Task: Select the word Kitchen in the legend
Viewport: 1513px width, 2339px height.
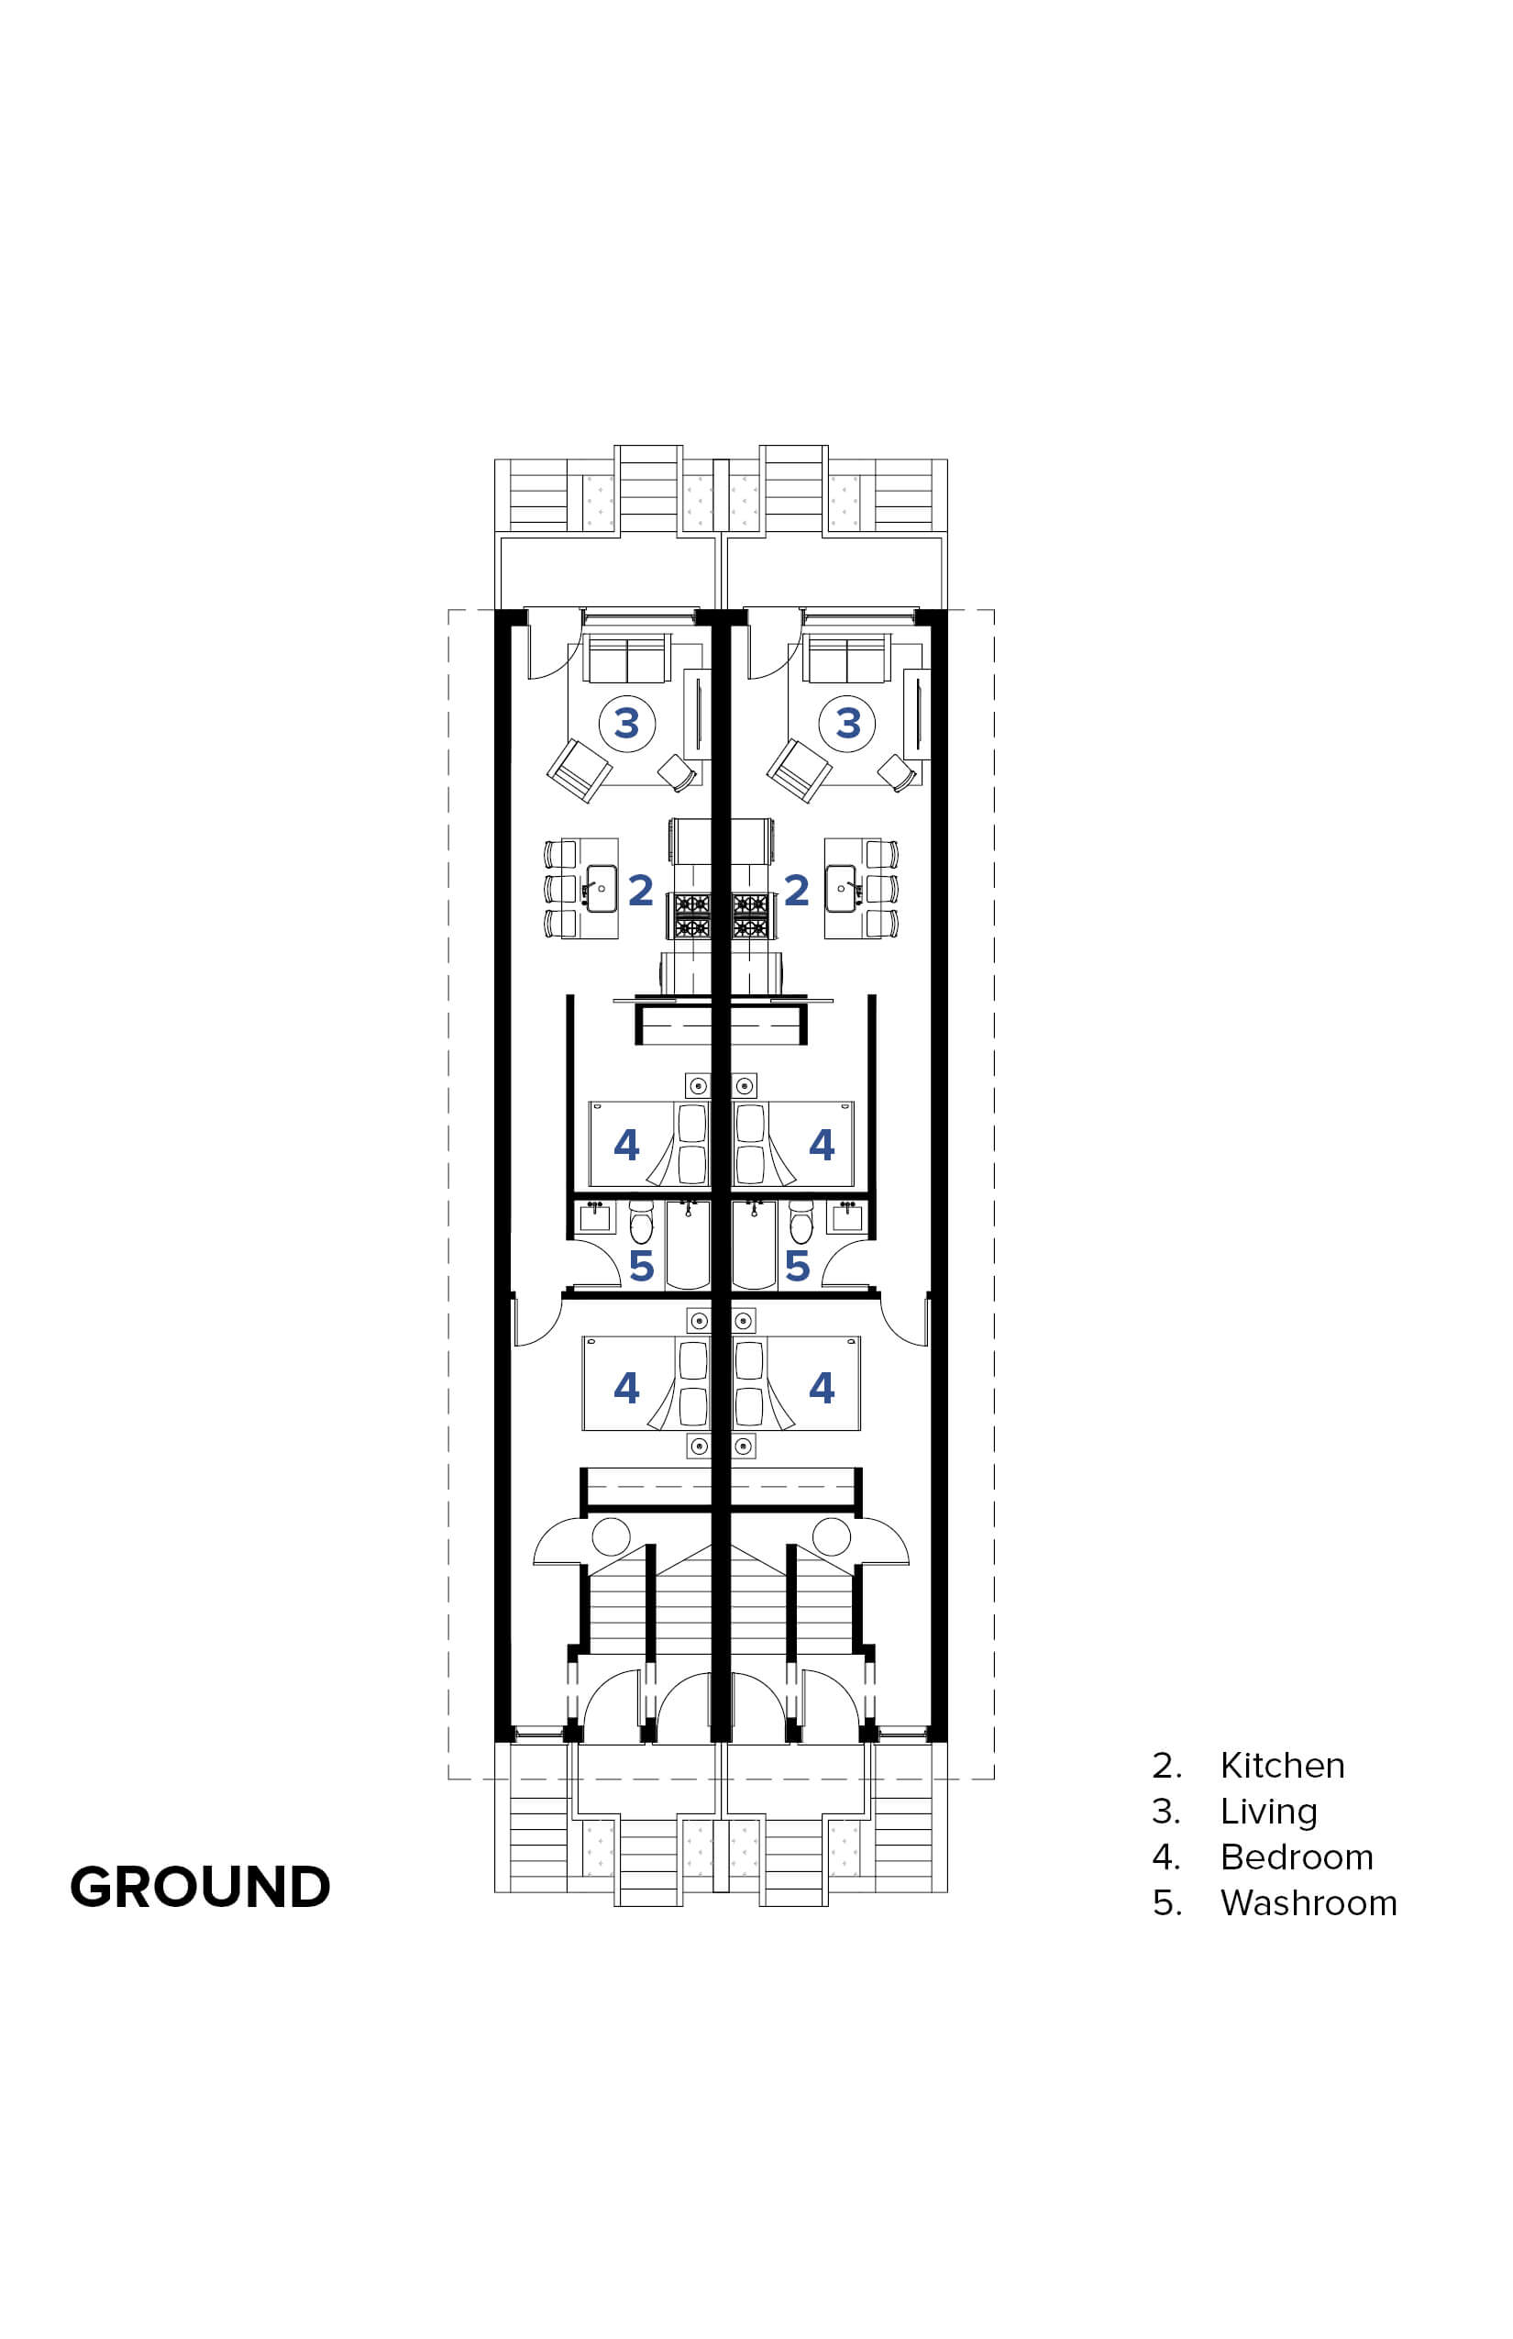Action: tap(1282, 1766)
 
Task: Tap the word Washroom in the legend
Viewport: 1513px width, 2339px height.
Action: tap(1309, 1903)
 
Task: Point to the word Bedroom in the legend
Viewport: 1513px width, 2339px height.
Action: tap(1297, 1857)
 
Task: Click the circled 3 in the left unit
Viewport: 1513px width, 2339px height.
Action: tap(627, 725)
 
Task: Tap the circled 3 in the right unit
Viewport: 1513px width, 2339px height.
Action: tap(848, 725)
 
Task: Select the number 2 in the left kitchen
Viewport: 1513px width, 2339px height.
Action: tap(641, 891)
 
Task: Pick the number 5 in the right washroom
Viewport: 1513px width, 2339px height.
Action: tap(797, 1266)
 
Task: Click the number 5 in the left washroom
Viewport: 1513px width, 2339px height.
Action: tap(642, 1266)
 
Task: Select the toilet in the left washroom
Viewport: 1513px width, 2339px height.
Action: tap(642, 1224)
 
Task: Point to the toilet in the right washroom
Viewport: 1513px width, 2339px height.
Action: tap(801, 1224)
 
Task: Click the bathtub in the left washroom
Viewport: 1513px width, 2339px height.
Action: tap(688, 1246)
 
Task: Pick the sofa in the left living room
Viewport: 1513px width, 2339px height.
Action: tap(627, 658)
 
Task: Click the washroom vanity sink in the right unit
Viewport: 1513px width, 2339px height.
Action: tap(847, 1216)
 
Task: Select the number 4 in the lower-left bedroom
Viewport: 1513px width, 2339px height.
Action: tap(627, 1388)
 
